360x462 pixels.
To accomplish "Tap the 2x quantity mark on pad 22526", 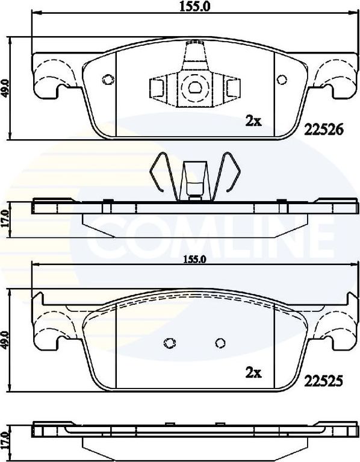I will point(253,121).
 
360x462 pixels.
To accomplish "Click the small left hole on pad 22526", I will point(108,80).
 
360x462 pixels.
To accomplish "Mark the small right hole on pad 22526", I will point(281,80).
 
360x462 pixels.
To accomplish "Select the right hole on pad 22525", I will point(220,343).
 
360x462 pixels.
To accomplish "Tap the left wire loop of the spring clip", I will point(163,175).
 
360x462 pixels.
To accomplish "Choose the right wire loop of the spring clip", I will point(229,175).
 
